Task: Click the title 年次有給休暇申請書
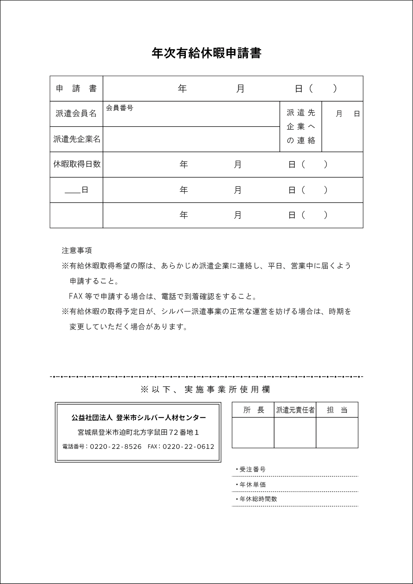206,53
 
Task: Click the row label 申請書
76,89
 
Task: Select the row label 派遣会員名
76,114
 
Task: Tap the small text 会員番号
120,108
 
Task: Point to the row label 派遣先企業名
77,139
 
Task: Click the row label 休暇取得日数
77,164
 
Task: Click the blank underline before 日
73,191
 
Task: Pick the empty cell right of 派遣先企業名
191,139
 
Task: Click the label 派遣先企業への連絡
301,127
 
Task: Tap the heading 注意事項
77,250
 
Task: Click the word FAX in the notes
76,296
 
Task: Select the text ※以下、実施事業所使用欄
205,389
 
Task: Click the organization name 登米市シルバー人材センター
161,418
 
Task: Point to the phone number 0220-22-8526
116,446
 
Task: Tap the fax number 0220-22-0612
188,446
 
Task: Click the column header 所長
253,410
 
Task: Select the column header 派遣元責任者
295,410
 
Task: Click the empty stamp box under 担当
337,432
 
